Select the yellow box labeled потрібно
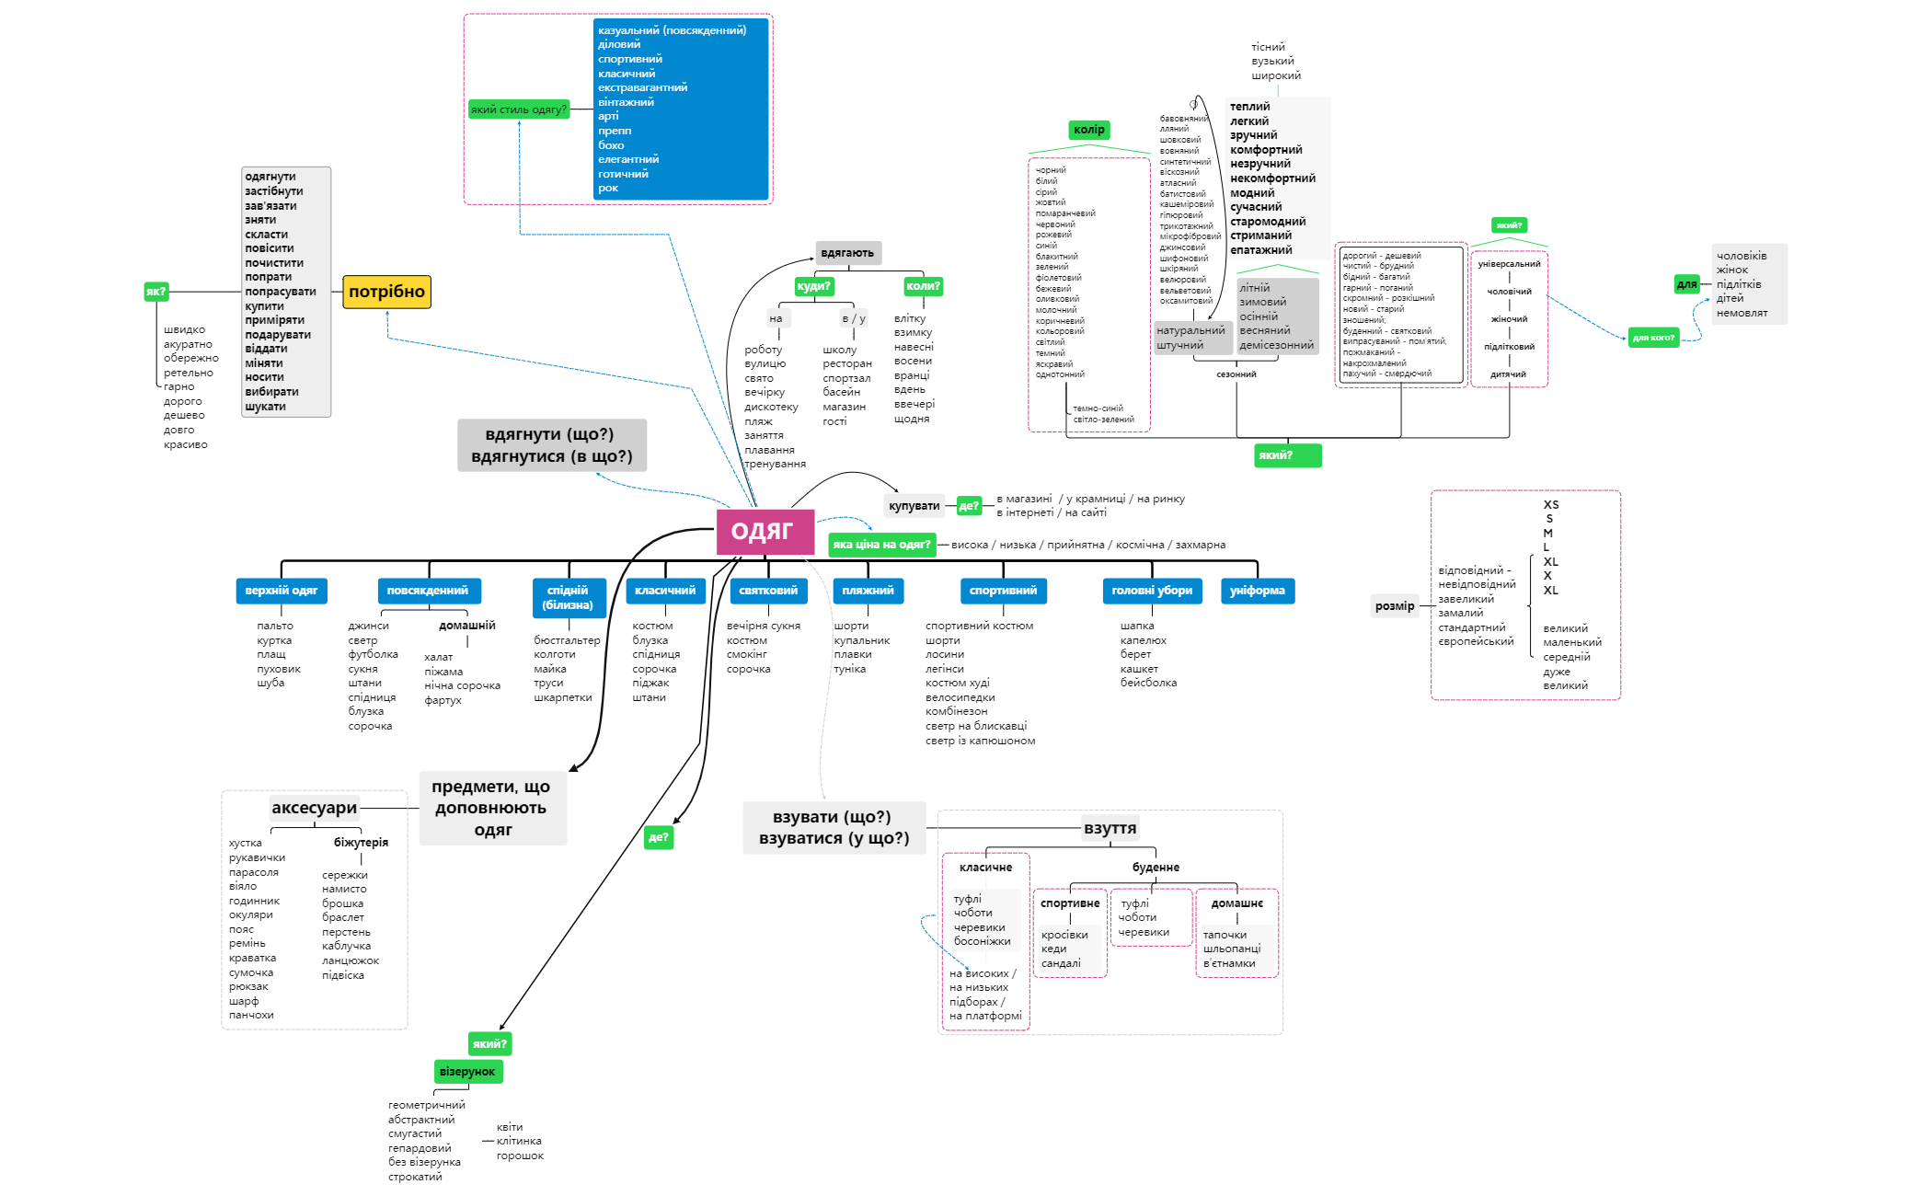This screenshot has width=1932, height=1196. click(386, 292)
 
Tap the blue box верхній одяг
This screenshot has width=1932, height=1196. click(282, 591)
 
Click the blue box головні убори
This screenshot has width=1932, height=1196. click(1151, 591)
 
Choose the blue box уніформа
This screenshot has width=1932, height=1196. click(1257, 591)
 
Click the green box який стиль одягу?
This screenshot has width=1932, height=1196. click(519, 109)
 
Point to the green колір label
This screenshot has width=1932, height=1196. click(1088, 130)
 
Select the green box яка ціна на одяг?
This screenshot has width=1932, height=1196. click(881, 545)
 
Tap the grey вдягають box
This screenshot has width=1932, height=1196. click(847, 253)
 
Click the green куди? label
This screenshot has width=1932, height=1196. click(813, 286)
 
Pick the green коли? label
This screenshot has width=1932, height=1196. click(923, 286)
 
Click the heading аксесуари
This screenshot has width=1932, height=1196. click(314, 808)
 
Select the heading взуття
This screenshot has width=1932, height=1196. click(1110, 828)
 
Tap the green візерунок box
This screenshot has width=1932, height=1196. click(467, 1072)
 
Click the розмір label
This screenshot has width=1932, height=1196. click(1395, 605)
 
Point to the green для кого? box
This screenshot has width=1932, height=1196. click(1653, 338)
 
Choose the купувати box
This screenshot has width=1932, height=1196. click(914, 506)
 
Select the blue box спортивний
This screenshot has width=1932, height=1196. click(1003, 591)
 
